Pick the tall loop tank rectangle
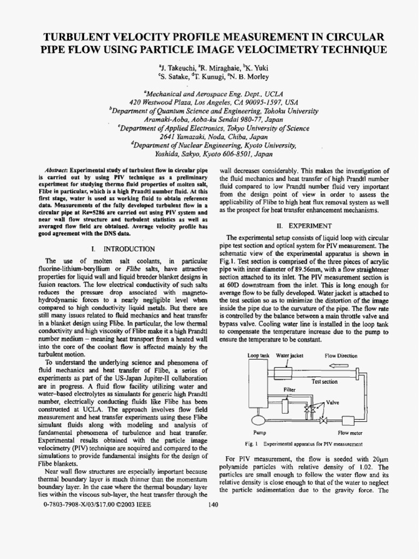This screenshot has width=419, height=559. (257, 385)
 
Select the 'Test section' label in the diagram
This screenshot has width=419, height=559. (324, 382)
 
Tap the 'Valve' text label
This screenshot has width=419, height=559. (333, 402)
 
